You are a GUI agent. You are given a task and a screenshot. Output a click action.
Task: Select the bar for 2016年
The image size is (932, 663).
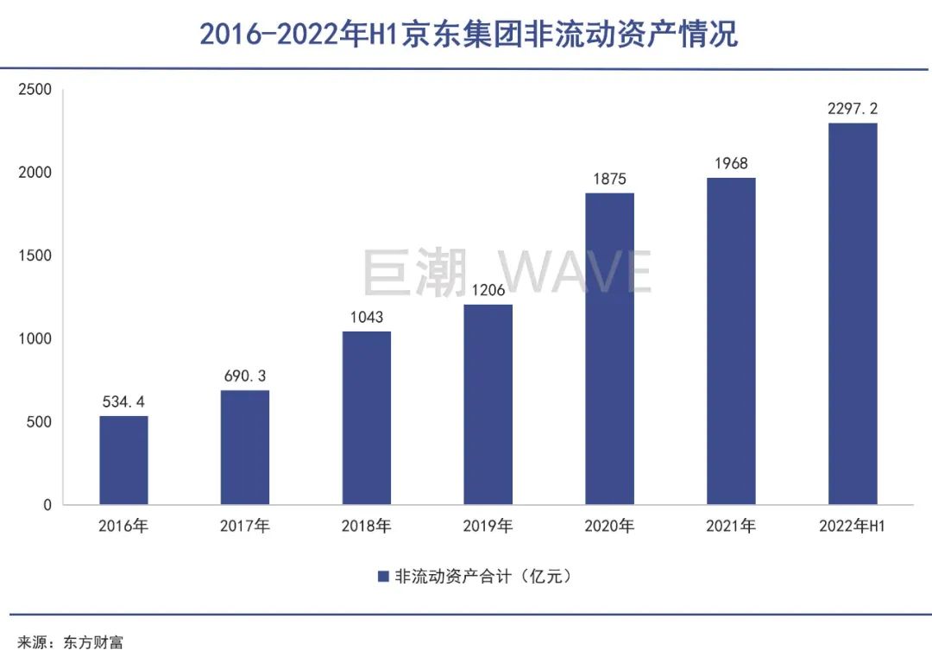123,460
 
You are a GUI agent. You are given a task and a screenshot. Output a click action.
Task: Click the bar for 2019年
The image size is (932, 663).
488,404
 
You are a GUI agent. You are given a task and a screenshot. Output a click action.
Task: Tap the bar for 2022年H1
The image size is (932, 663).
853,313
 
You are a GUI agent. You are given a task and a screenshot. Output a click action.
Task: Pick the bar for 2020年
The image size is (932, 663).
609,349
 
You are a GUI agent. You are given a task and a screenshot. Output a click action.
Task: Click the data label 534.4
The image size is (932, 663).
123,401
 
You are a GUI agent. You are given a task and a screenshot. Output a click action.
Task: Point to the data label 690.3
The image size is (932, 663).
245,376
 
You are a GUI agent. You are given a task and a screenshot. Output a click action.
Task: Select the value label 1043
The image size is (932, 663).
367,317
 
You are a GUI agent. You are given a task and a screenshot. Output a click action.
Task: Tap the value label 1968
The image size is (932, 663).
731,163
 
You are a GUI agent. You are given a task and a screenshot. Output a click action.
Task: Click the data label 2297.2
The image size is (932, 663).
853,109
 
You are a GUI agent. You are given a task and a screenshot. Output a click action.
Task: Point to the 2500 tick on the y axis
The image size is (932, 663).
36,89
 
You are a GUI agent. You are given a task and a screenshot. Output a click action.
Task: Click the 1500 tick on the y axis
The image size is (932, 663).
36,256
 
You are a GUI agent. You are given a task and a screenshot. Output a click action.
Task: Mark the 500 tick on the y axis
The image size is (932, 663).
41,422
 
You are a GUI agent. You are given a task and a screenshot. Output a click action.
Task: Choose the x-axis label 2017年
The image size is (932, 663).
245,526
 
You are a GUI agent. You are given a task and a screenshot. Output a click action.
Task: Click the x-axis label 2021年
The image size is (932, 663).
731,526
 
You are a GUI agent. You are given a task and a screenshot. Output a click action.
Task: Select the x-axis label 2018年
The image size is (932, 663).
367,526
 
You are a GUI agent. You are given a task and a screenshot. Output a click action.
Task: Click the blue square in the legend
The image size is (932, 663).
383,577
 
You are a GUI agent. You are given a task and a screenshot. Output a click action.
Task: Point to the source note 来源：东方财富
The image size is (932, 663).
72,641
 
